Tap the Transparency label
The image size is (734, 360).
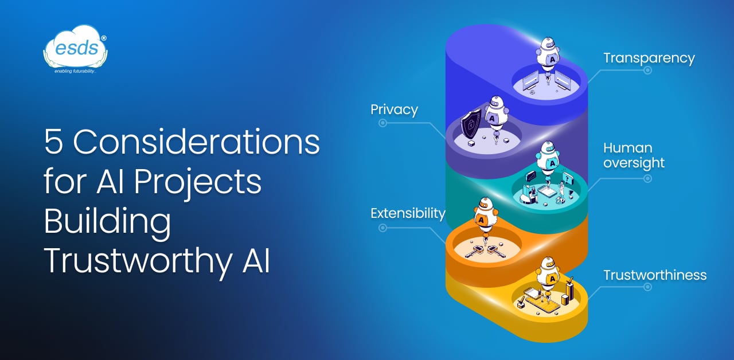649,58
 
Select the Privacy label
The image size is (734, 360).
394,109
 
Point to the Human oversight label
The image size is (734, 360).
634,155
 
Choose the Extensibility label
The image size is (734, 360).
408,214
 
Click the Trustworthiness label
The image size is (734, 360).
655,275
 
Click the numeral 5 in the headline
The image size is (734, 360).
53,142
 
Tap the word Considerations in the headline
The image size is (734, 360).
196,142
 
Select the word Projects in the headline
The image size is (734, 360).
198,182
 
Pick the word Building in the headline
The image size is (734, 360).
107,223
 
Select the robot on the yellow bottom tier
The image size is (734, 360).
548,275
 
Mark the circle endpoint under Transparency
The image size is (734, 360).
647,71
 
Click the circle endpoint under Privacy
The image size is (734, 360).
382,123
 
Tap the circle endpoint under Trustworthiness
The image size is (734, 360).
647,287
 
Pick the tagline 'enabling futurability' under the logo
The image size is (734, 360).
75,71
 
